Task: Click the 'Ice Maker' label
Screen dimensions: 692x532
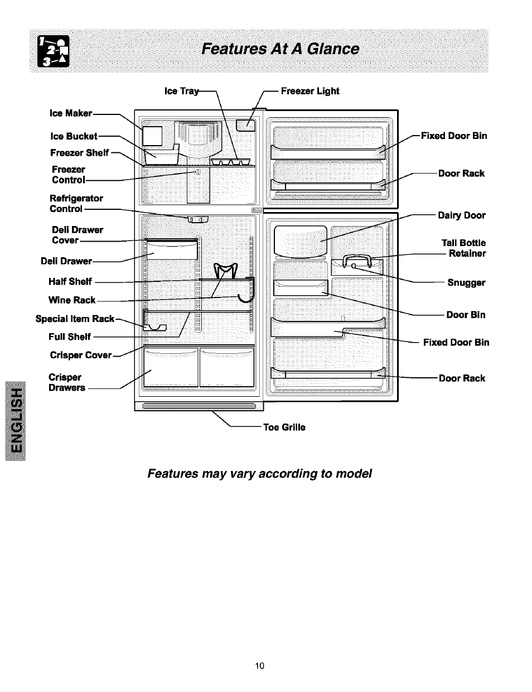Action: click(71, 113)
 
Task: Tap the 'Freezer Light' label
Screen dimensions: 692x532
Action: click(310, 91)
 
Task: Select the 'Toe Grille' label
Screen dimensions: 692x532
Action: click(284, 427)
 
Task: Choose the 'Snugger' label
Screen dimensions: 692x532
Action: click(466, 282)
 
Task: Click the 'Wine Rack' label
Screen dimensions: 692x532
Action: click(72, 300)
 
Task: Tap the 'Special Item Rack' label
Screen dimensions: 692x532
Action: click(75, 319)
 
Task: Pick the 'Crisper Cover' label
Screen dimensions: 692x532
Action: click(81, 355)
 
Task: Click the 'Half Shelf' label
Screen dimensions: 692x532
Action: click(70, 282)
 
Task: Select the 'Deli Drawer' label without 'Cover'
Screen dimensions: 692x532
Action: click(66, 261)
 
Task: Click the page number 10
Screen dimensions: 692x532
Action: click(259, 665)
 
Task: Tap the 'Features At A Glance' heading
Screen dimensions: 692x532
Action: click(280, 50)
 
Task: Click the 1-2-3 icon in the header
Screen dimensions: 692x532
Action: click(53, 51)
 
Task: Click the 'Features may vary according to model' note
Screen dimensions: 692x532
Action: click(259, 474)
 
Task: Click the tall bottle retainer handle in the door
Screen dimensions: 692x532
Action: click(357, 259)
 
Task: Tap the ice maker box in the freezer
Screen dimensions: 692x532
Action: click(152, 136)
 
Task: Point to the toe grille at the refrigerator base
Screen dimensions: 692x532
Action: click(199, 406)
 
